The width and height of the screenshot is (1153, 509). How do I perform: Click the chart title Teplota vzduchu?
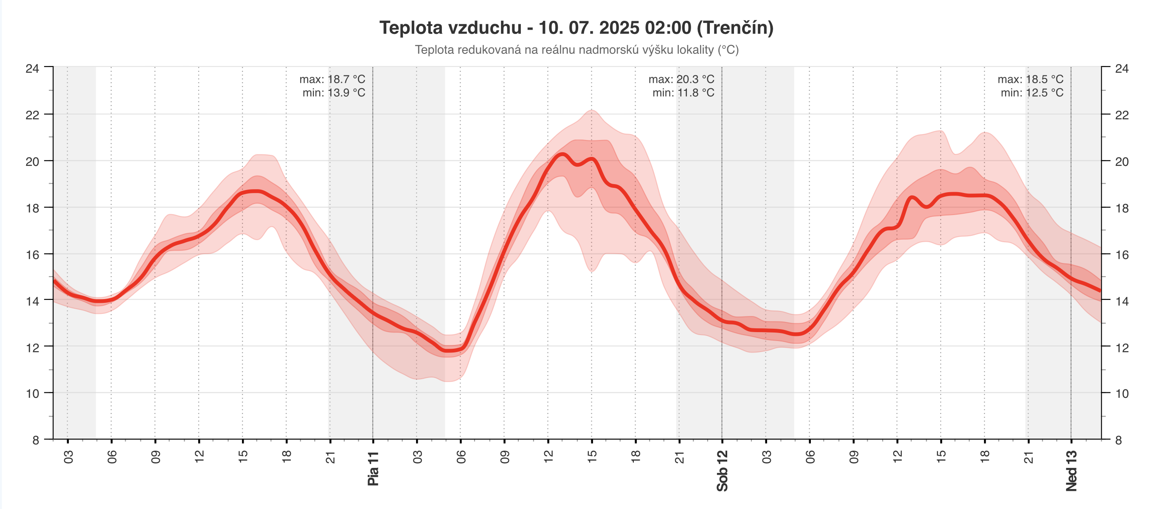576,28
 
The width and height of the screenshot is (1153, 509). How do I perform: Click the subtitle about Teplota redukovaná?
576,50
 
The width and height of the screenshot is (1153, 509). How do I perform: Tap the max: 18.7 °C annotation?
332,79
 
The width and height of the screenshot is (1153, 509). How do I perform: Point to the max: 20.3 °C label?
681,79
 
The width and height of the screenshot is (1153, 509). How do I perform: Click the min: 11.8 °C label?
683,92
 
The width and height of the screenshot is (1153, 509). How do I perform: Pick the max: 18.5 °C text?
1030,79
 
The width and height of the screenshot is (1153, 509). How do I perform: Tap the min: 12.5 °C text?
1032,92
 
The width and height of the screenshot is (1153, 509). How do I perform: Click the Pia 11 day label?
373,469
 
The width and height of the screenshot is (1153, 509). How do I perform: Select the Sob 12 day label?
722,471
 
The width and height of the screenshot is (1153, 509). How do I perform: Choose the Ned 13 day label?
1071,471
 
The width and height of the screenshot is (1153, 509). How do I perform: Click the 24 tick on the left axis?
32,68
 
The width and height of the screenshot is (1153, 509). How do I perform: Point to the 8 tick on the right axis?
1118,440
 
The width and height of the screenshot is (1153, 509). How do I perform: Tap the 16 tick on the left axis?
32,255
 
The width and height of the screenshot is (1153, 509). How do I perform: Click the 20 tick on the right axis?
1122,162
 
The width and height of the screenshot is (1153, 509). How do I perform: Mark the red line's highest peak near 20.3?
561,154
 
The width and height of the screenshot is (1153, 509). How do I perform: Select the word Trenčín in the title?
735,28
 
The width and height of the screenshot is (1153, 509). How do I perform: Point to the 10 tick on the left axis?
32,394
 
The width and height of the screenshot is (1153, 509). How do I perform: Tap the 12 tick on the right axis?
1122,347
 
